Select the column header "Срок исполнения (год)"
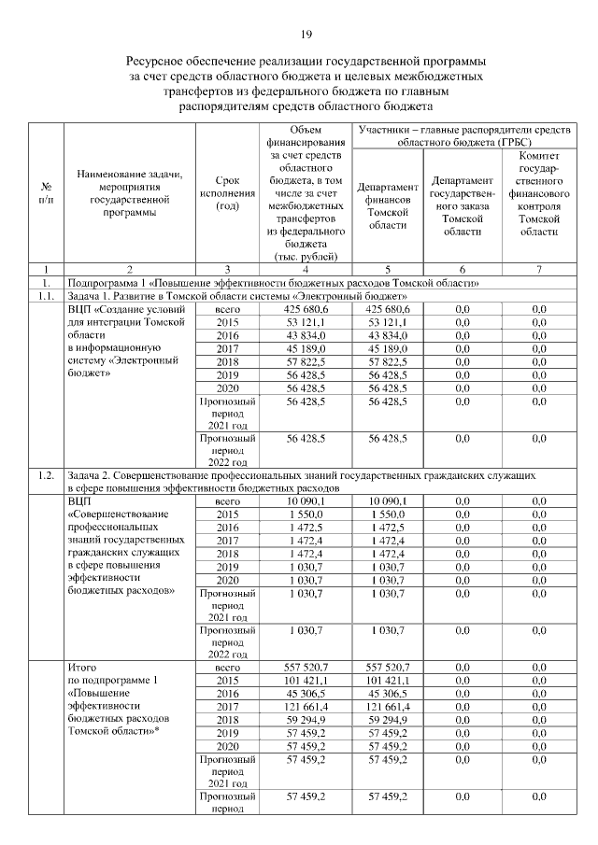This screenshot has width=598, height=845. [227, 192]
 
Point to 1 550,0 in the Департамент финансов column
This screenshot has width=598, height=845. [388, 514]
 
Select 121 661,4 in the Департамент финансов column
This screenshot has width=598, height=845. [388, 708]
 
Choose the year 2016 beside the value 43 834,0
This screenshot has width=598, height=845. [227, 335]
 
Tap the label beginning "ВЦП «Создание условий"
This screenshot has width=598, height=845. [127, 309]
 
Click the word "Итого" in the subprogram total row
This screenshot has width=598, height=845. [83, 669]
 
